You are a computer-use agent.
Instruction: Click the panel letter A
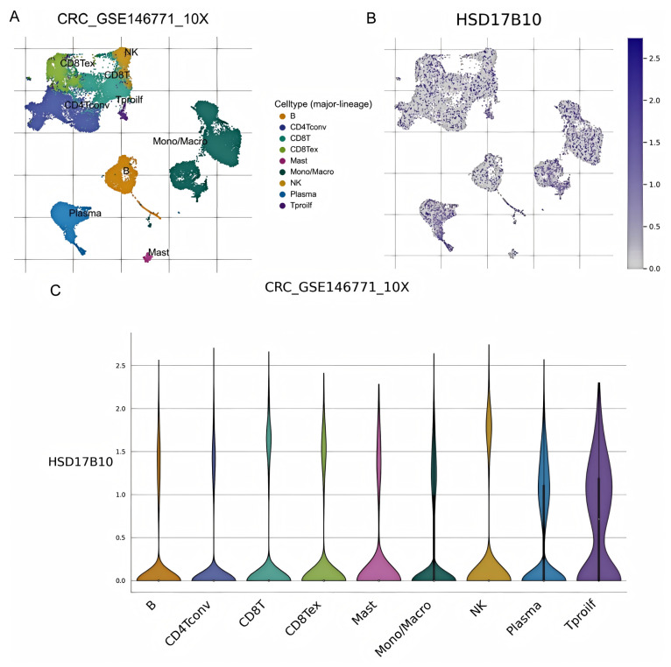pyautogui.click(x=15, y=15)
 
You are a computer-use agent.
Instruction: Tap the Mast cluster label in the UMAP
pyautogui.click(x=159, y=253)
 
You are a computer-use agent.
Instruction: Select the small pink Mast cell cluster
pyautogui.click(x=147, y=256)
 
